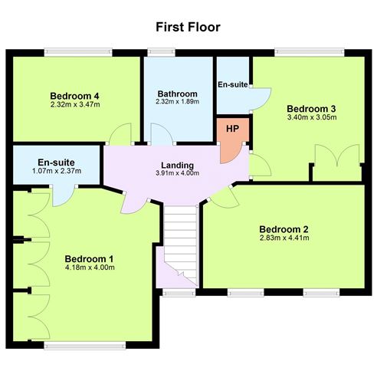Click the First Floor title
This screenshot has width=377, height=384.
point(188,27)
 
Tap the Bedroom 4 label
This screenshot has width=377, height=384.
point(74,96)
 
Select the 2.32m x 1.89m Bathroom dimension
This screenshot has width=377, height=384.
point(178,102)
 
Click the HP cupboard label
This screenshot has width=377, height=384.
point(232,129)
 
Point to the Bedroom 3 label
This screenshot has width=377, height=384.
point(311,109)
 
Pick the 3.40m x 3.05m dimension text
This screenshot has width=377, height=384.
point(312,117)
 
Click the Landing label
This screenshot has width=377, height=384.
point(178,166)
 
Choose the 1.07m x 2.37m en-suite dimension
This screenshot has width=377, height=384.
point(57,171)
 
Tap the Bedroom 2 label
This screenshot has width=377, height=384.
point(284,229)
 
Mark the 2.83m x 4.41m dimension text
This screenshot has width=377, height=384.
point(284,238)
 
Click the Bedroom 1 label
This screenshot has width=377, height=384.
point(89,259)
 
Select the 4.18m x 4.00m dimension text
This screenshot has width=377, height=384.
point(90,267)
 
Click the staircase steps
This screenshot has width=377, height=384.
point(180,243)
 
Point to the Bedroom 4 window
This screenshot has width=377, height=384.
point(78,53)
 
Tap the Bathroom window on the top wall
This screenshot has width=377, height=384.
point(162,53)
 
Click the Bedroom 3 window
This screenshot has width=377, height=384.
point(310,53)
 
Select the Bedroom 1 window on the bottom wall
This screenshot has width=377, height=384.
point(85,346)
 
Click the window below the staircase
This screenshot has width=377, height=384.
point(179,293)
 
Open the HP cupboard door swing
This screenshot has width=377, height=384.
point(231,153)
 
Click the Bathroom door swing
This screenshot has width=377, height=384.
point(160,134)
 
